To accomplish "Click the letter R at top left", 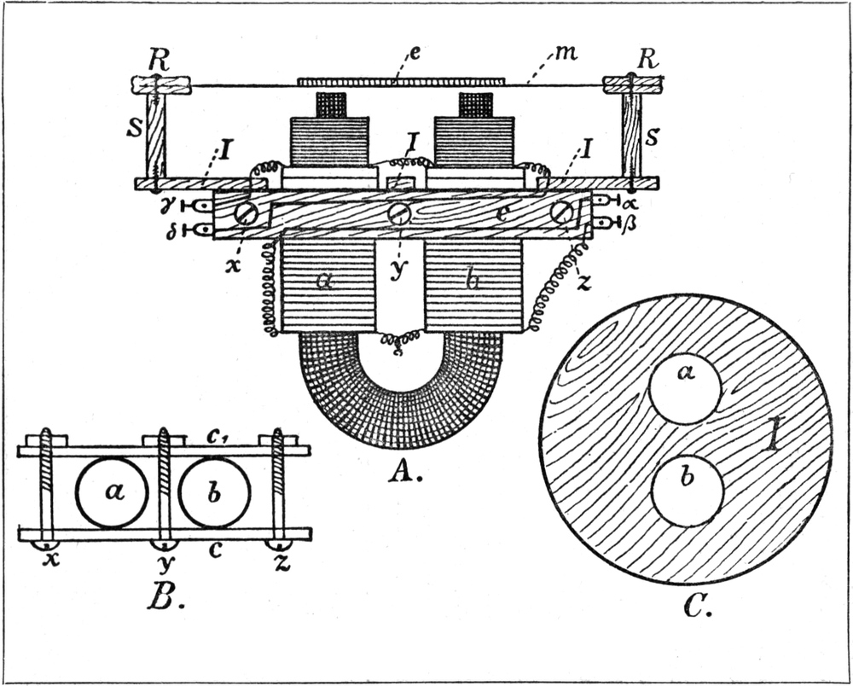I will click(155, 60).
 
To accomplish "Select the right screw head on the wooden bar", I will click(560, 212).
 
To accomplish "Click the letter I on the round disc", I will click(772, 438).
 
